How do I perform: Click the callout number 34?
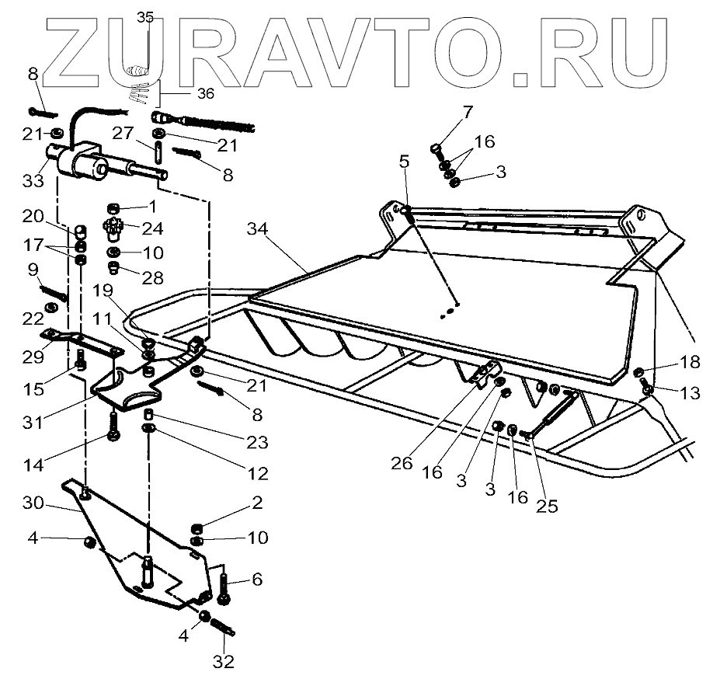[x=261, y=229]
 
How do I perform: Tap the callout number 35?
[x=145, y=18]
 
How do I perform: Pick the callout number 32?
[x=225, y=663]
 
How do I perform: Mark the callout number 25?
[x=546, y=506]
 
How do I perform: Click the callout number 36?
[x=205, y=93]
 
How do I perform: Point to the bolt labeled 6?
[x=224, y=588]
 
